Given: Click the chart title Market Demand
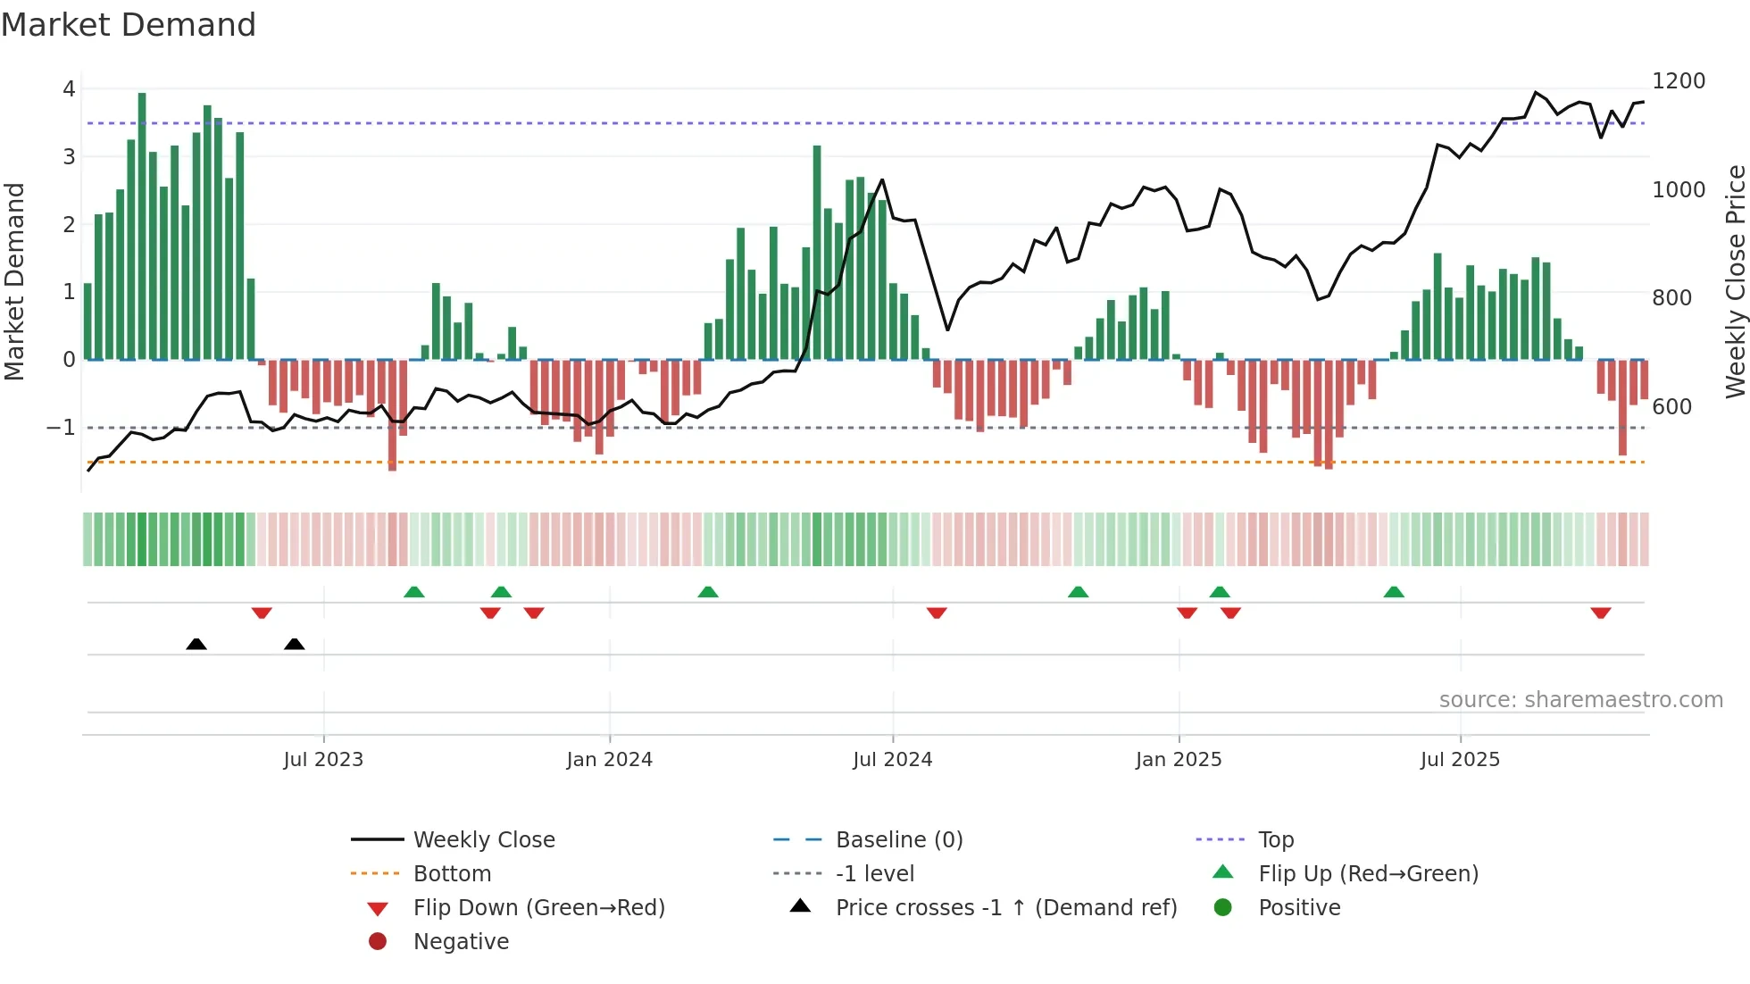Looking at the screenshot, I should pyautogui.click(x=129, y=25).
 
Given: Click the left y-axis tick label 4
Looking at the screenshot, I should pyautogui.click(x=69, y=89).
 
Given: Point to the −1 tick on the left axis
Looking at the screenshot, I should pyautogui.click(x=61, y=428).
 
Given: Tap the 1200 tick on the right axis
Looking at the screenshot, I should pyautogui.click(x=1678, y=81).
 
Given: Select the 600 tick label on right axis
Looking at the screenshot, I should pyautogui.click(x=1671, y=407).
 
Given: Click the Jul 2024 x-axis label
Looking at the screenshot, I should pyautogui.click(x=892, y=760).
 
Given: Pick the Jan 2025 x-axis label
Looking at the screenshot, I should pyautogui.click(x=1178, y=760).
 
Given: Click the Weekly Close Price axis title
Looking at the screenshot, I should pyautogui.click(x=1735, y=281).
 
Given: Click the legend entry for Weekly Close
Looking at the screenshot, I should pyautogui.click(x=483, y=840).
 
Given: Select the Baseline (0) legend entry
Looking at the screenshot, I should pyautogui.click(x=898, y=840).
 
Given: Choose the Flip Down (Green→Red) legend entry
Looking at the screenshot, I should pyautogui.click(x=538, y=908).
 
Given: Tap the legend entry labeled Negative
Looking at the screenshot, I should pyautogui.click(x=461, y=942).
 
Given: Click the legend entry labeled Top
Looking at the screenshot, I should pyautogui.click(x=1275, y=840).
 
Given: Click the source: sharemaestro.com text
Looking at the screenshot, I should pyautogui.click(x=1580, y=700).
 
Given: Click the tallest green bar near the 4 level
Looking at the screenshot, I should pyautogui.click(x=142, y=223).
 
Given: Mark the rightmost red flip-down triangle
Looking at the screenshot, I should pyautogui.click(x=1600, y=613).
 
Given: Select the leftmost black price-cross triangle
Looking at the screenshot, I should pyautogui.click(x=196, y=644).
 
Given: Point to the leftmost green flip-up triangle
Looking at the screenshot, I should pyautogui.click(x=414, y=592).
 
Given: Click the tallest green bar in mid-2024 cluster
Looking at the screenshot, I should pyautogui.click(x=817, y=250).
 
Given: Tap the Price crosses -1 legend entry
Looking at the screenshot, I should pyautogui.click(x=1005, y=908).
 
